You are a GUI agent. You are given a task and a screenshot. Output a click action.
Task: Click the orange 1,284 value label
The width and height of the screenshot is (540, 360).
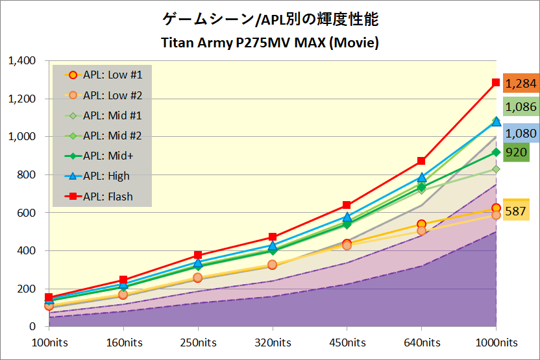[x=520, y=84]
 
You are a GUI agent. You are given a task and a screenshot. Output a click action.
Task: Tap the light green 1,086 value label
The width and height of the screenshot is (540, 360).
[x=520, y=107]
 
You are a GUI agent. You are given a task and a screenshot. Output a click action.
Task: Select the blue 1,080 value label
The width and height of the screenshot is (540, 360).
[x=520, y=134]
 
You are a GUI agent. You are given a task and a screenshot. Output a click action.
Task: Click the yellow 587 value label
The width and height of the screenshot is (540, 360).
[x=516, y=211]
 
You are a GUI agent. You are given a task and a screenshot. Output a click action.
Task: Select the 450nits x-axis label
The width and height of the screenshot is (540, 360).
[x=347, y=342]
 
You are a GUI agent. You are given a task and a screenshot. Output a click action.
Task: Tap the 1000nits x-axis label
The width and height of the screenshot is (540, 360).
[x=497, y=342]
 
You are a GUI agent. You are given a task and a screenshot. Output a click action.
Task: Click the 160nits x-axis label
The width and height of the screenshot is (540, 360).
[x=124, y=342]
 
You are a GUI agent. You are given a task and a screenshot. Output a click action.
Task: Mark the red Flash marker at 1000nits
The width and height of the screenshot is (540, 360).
[x=496, y=83]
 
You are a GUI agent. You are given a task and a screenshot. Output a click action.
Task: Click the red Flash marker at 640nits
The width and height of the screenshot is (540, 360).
[x=421, y=161]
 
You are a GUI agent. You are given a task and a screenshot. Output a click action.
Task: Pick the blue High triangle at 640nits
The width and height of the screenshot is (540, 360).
[x=421, y=178]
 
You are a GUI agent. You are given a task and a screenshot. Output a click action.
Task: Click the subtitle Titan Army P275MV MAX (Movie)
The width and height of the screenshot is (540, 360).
[x=269, y=43]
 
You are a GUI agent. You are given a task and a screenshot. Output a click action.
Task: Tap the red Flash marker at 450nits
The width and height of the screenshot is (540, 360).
[x=347, y=205]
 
